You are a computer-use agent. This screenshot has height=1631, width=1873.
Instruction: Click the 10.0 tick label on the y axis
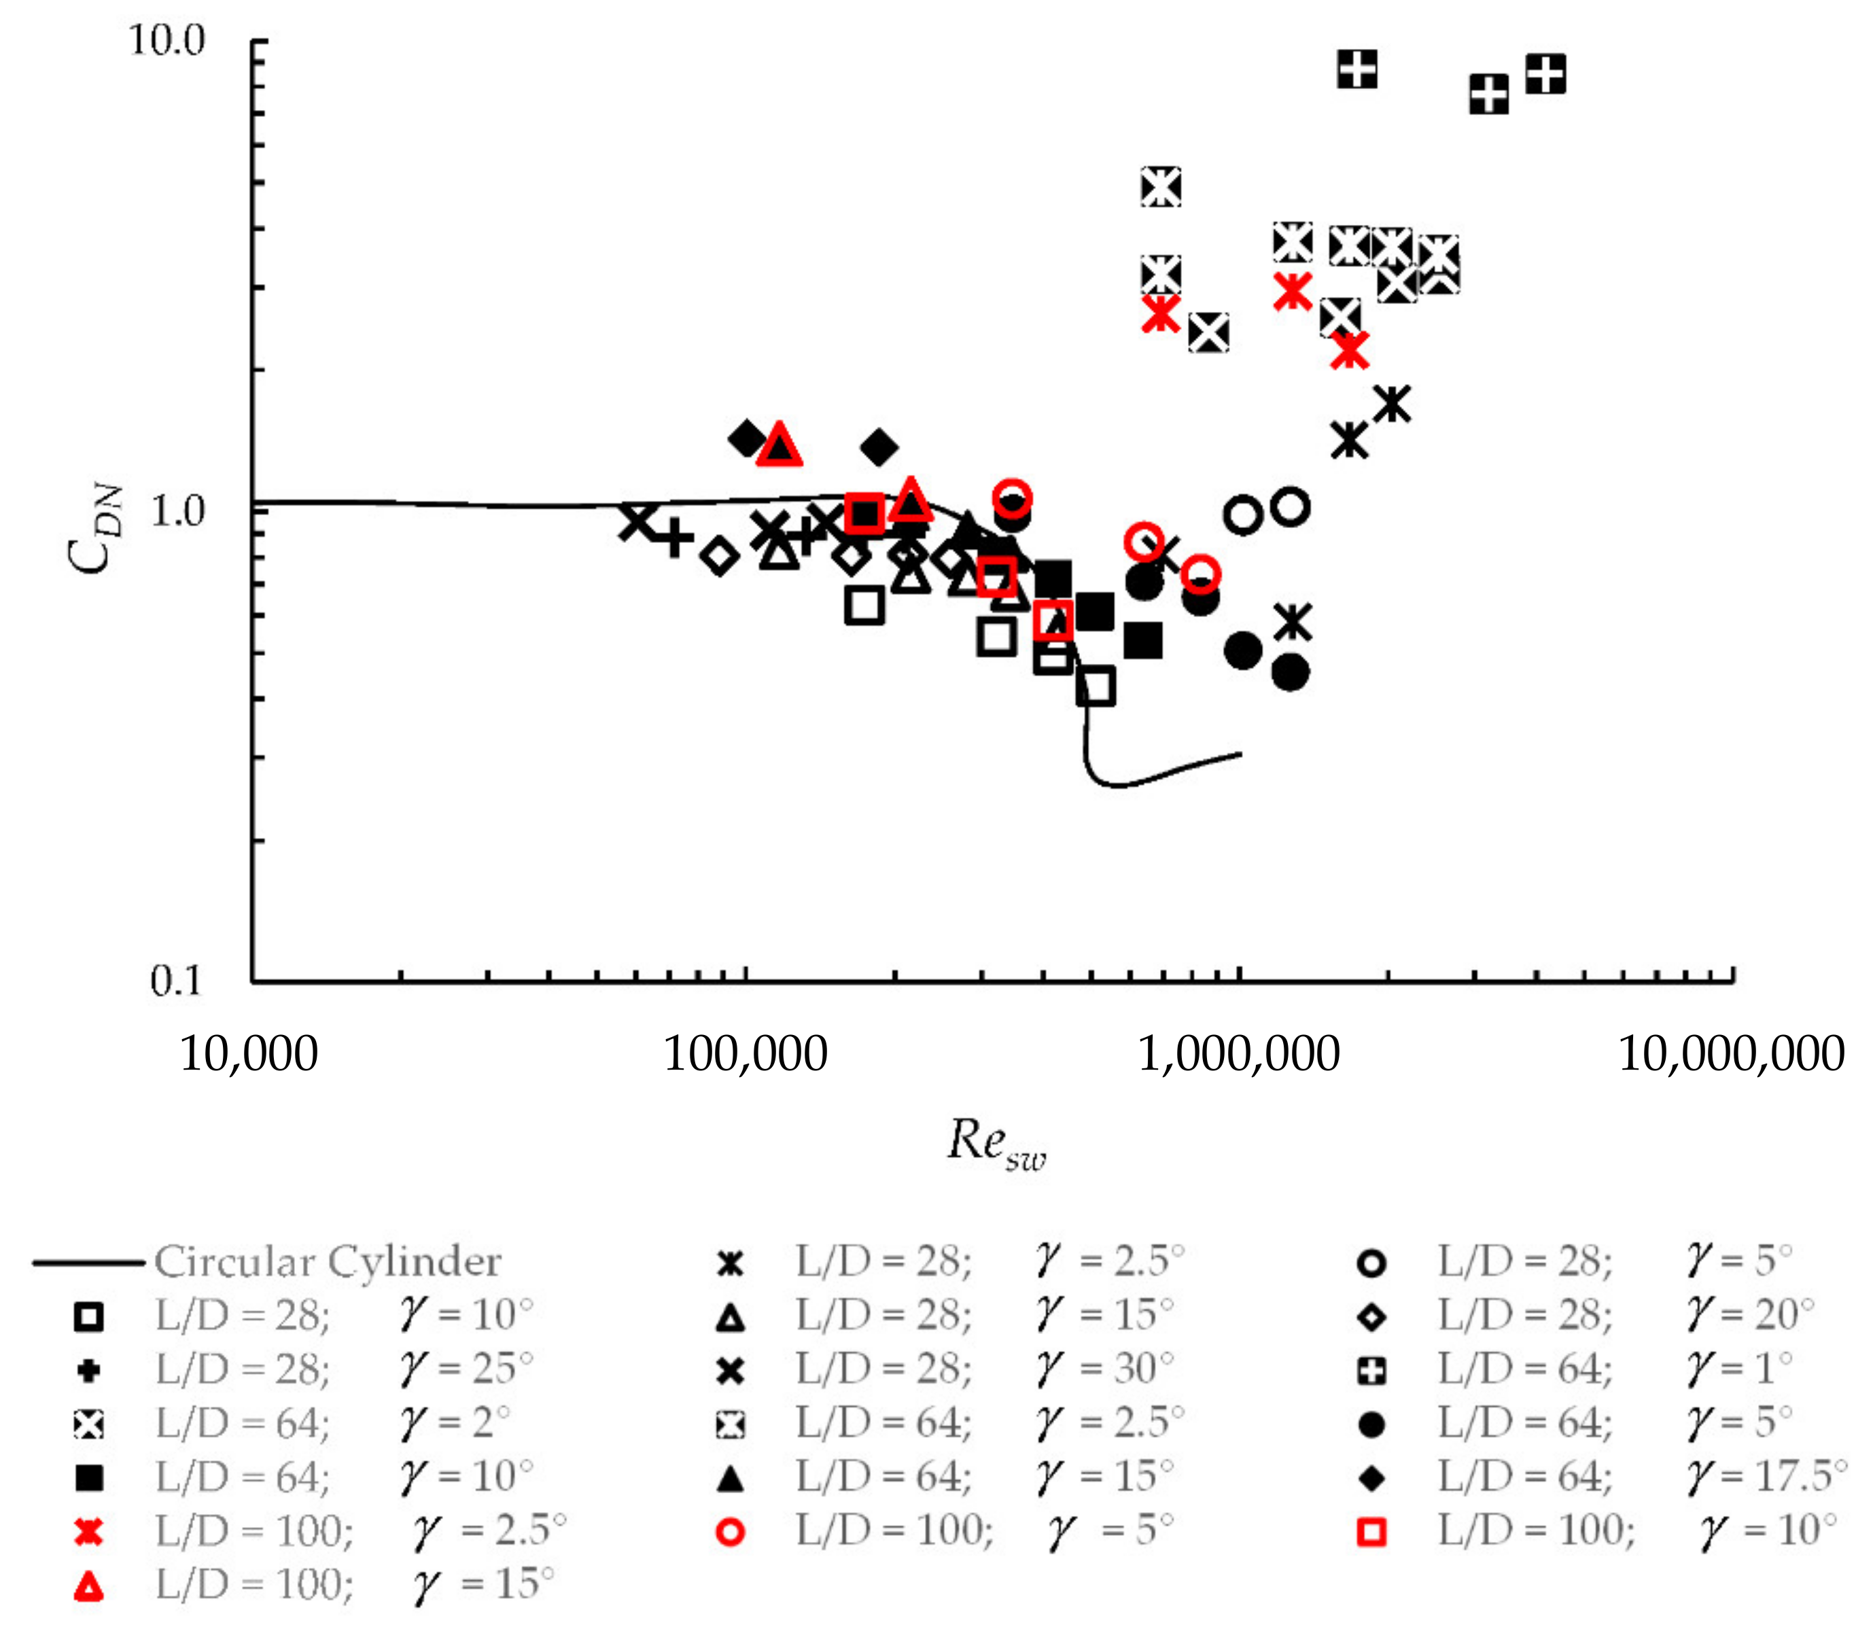pyautogui.click(x=167, y=40)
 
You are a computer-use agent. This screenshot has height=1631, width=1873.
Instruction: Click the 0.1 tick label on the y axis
pyautogui.click(x=175, y=980)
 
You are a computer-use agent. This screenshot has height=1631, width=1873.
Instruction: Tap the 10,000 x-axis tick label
pyautogui.click(x=249, y=1054)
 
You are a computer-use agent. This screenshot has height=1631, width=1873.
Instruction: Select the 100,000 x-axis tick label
pyautogui.click(x=746, y=1054)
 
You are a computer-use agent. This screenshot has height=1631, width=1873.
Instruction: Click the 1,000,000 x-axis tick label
pyautogui.click(x=1239, y=1054)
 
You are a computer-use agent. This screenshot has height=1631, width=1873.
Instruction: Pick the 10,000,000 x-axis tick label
pyautogui.click(x=1731, y=1054)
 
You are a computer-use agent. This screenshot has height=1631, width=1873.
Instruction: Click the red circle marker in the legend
pyautogui.click(x=730, y=1532)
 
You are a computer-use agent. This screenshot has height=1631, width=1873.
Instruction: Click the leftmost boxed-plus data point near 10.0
pyautogui.click(x=1357, y=69)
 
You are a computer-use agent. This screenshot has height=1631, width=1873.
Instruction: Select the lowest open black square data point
pyautogui.click(x=1095, y=686)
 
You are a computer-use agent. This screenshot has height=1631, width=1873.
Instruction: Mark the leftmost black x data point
pyautogui.click(x=637, y=521)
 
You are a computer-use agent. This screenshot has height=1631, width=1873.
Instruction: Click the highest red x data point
pyautogui.click(x=1293, y=292)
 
